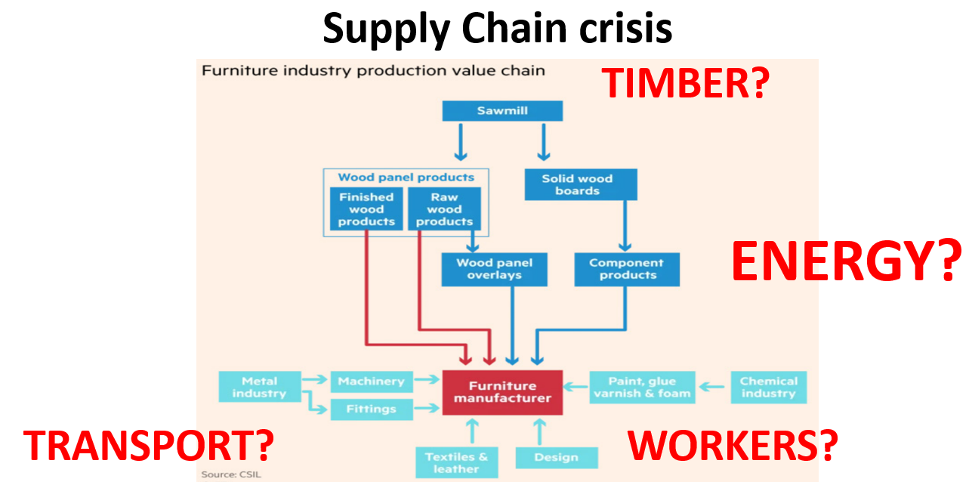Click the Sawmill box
point(502,111)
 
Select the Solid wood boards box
point(580,185)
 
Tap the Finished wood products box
point(366,209)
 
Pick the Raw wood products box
point(444,209)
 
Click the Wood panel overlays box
point(494,270)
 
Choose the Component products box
point(626,270)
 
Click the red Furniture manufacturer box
point(502,392)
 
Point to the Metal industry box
point(259,387)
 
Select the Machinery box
point(371,382)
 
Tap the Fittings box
point(371,409)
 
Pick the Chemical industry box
point(768,387)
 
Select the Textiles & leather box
point(456,462)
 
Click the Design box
point(556,457)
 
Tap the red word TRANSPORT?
point(148,445)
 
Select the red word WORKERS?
point(733,445)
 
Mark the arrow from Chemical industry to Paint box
point(713,387)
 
